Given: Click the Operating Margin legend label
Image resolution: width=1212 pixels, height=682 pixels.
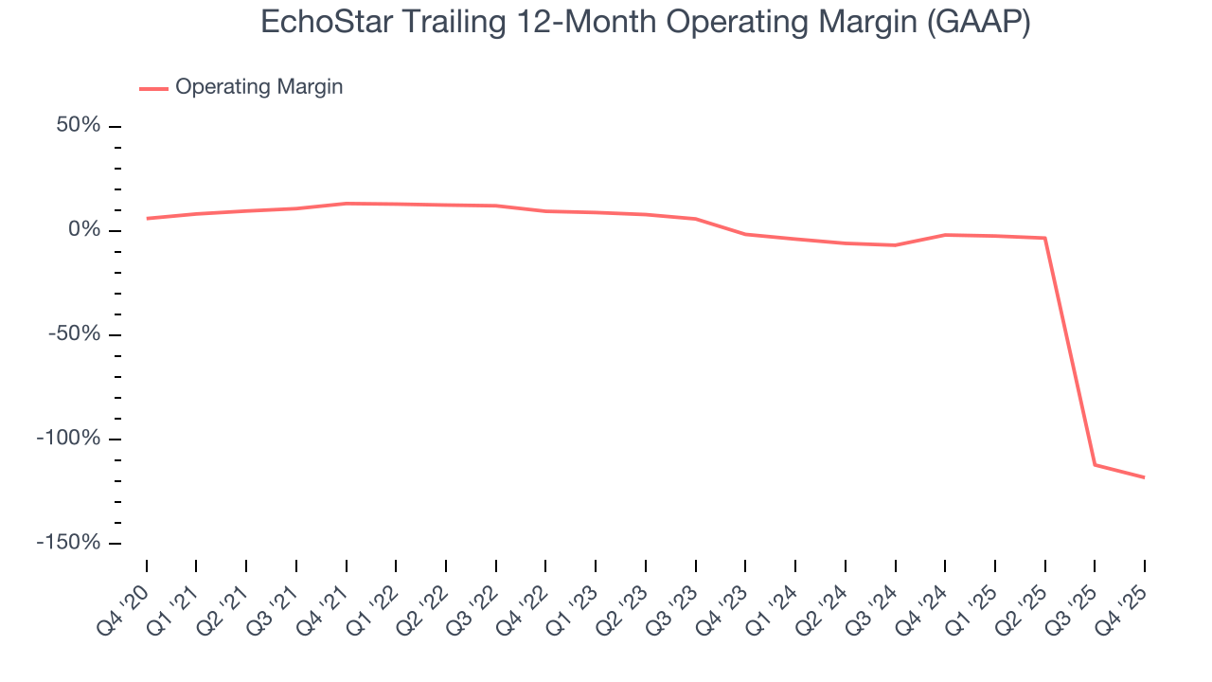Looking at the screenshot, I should [x=258, y=87].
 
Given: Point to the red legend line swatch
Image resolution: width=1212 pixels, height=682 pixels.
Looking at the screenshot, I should [x=153, y=88].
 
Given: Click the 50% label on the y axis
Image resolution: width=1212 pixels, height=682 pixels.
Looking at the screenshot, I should [x=79, y=126].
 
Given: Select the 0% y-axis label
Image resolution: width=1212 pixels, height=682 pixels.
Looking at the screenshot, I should [x=84, y=230].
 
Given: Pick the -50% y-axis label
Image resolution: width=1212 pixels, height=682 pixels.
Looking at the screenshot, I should [x=75, y=334].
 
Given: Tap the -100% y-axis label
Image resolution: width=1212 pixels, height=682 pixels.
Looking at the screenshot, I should [x=69, y=439].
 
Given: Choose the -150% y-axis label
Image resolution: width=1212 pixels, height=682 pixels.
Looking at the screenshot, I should [x=69, y=543].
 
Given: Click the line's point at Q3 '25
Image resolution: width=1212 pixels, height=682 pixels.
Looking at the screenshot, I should [x=1095, y=464].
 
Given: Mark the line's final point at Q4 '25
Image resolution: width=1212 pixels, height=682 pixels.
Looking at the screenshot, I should [x=1144, y=477].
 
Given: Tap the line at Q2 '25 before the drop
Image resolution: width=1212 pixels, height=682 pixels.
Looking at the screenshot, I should [x=1044, y=238].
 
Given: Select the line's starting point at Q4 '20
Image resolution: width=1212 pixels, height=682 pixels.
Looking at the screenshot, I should [x=147, y=219].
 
